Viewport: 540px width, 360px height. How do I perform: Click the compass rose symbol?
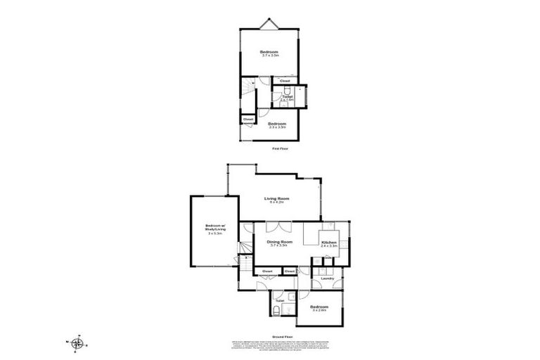coord(78,343)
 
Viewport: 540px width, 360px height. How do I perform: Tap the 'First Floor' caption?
coord(280,148)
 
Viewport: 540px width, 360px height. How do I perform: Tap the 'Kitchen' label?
coord(329,243)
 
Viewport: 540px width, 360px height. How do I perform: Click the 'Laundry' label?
coord(327,279)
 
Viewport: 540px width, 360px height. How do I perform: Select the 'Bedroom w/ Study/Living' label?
coord(214,229)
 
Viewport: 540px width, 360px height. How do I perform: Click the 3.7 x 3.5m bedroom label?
coord(269,53)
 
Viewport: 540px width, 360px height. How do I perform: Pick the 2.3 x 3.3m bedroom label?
coord(278,124)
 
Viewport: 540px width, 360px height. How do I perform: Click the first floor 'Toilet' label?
coord(287,98)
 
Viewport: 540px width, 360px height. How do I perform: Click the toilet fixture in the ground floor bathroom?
coord(278,312)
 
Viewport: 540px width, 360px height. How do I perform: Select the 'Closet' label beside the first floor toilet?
coord(285,81)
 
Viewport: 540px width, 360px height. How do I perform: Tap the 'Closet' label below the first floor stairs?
coord(247,120)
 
